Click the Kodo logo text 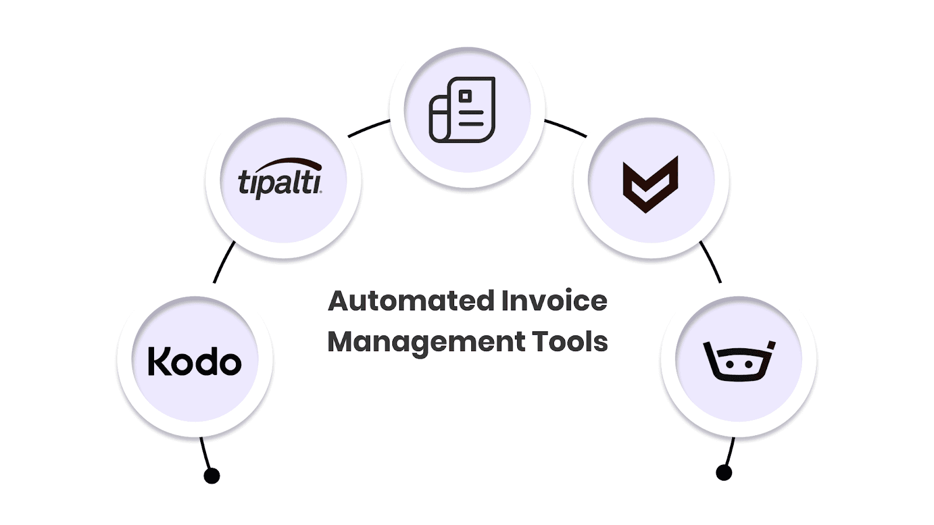[194, 361]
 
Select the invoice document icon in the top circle [462, 110]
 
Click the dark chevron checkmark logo [650, 184]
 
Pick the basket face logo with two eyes [739, 360]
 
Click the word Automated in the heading [411, 302]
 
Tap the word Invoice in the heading [554, 302]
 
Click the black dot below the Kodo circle [212, 476]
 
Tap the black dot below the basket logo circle [724, 473]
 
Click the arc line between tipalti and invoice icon [369, 128]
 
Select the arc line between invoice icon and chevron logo [566, 128]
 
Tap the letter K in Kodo [158, 361]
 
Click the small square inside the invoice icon [465, 96]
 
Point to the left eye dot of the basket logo [729, 364]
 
